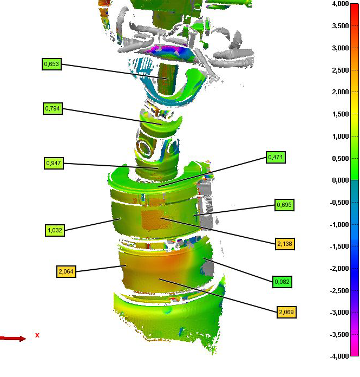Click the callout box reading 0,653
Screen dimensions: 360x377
tap(51, 64)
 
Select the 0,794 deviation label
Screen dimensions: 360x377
tap(53, 108)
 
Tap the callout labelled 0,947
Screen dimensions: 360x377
tap(54, 163)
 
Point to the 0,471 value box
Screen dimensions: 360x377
tap(276, 157)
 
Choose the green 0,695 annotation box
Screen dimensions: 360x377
tap(284, 205)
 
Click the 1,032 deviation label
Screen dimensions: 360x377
tap(55, 230)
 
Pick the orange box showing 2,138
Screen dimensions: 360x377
tap(285, 244)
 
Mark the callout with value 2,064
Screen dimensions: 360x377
tap(66, 271)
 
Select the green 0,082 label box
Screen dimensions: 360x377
tap(282, 282)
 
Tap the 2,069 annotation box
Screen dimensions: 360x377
tap(286, 312)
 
